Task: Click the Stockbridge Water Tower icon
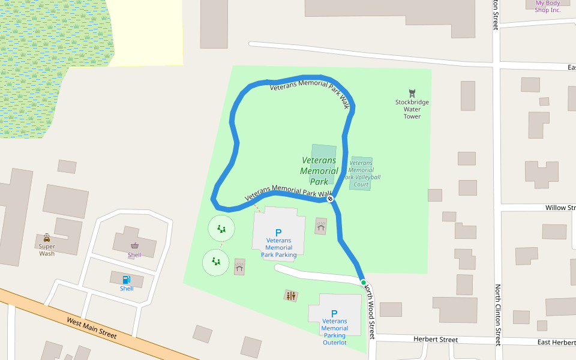(x=412, y=93)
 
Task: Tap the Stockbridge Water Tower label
(x=412, y=109)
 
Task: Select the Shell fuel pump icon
(x=127, y=280)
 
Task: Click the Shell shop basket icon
(x=135, y=245)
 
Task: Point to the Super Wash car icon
(x=47, y=238)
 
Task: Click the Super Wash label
(x=47, y=250)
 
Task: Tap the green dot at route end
(x=363, y=282)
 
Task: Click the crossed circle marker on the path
(x=330, y=198)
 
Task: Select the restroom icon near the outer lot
(x=291, y=295)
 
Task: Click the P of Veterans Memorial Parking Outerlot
(x=334, y=313)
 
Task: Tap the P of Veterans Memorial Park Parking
(x=278, y=232)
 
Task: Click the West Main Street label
(x=92, y=328)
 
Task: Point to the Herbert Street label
(x=436, y=340)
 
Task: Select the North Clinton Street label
(x=497, y=314)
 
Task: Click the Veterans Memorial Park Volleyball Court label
(x=361, y=173)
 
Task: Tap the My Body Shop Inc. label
(x=548, y=7)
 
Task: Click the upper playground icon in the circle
(x=221, y=229)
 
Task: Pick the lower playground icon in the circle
(x=216, y=262)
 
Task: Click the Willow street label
(x=559, y=208)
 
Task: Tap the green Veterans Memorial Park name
(x=319, y=171)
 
